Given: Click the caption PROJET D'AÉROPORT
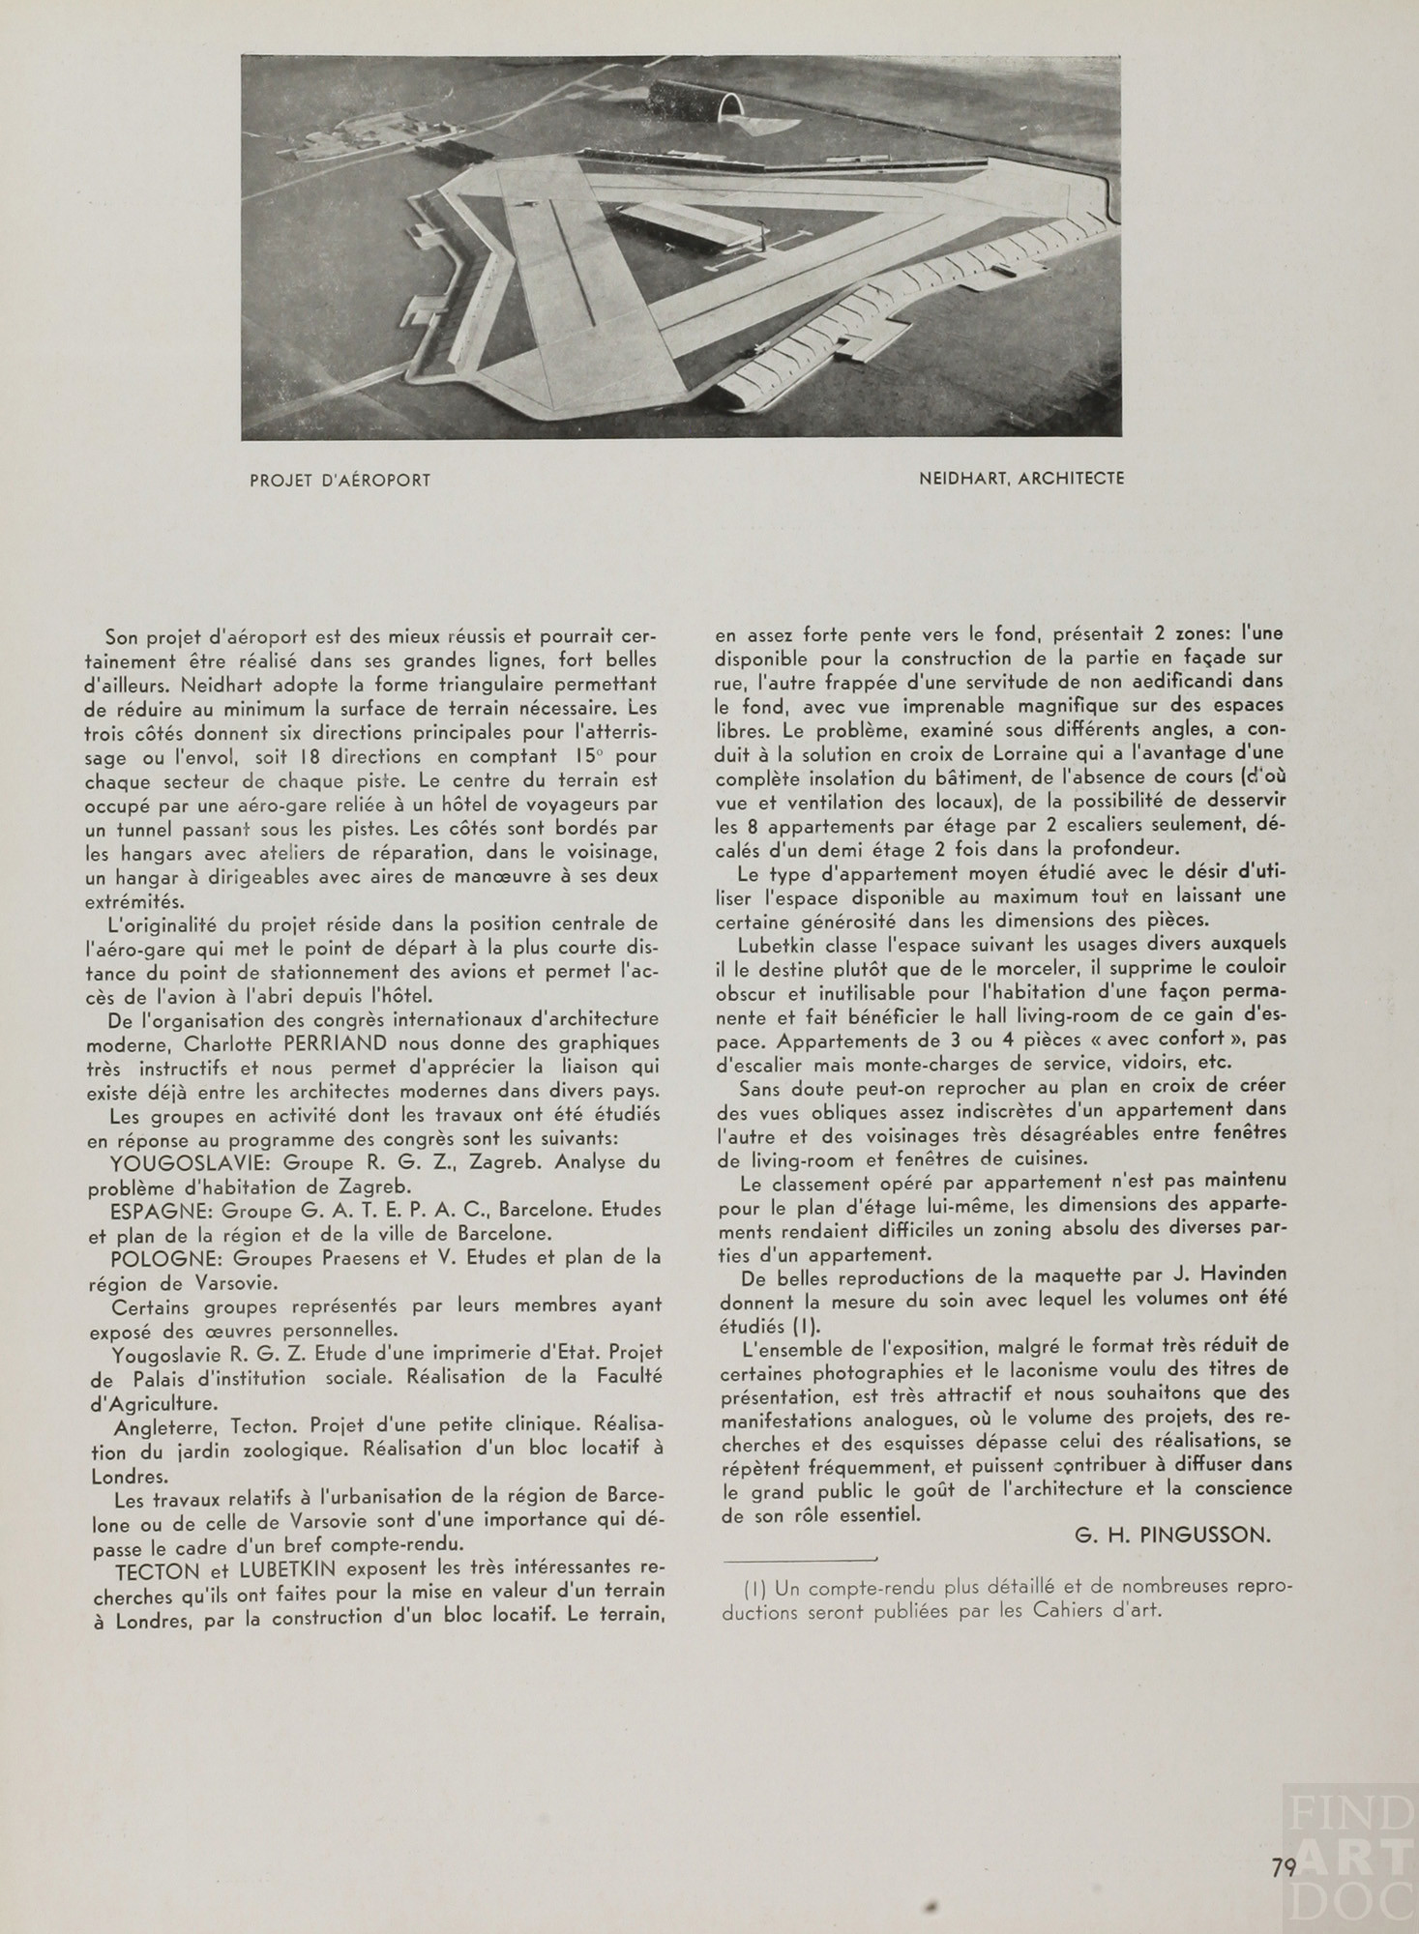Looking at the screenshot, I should pos(340,480).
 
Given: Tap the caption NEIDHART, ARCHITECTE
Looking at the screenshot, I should pos(1022,479).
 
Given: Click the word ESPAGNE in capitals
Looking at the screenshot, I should pos(164,1211).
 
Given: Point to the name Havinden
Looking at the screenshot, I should pos(1242,1275).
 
